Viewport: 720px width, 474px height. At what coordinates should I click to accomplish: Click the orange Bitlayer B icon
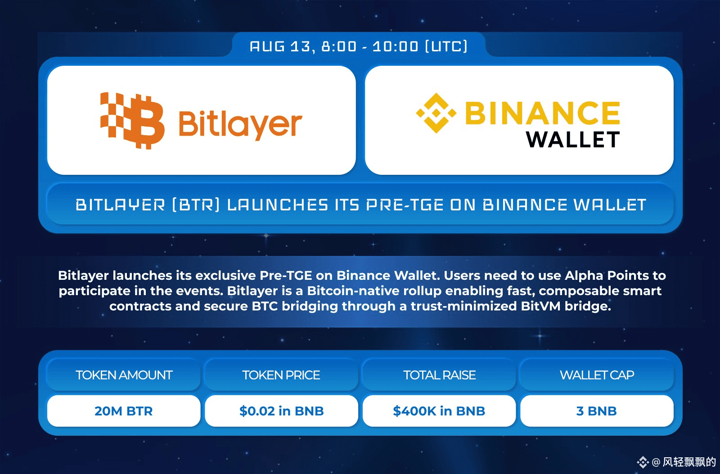point(132,121)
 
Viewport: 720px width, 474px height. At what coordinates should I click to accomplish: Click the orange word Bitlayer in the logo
point(240,124)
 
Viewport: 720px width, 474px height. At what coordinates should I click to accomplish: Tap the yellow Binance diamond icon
point(436,113)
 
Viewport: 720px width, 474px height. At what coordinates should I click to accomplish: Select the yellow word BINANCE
point(543,113)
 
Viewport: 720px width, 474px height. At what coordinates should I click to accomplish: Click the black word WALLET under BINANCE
point(573,140)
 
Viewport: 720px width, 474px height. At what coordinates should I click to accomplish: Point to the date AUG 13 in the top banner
point(280,47)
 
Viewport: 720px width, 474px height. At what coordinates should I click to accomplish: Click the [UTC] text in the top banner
point(446,47)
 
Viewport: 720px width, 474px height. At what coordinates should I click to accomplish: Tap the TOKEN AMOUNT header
point(124,375)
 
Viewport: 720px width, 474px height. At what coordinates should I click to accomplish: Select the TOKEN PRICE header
point(281,375)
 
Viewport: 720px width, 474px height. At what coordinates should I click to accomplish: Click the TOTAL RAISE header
point(439,375)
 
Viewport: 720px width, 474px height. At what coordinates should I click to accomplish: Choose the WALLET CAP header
point(597,375)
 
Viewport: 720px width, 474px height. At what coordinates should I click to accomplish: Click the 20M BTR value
point(124,411)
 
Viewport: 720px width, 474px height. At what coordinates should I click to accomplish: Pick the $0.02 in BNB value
point(282,411)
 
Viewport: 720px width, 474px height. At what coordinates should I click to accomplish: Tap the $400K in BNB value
point(439,411)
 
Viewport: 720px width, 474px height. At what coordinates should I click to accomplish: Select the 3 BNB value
point(597,411)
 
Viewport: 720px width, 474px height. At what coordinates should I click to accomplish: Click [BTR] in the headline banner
point(196,205)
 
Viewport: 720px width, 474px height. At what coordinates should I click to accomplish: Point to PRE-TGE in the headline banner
point(405,205)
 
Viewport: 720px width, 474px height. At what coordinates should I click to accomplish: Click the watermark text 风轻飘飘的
point(689,462)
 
